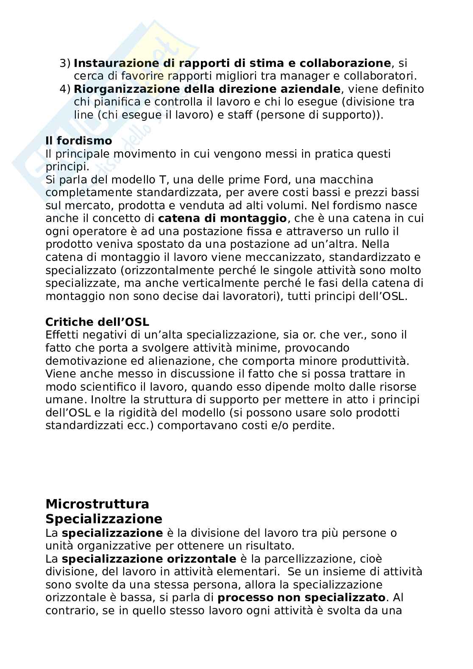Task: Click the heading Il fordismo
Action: pos(78,141)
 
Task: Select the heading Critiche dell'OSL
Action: pos(97,322)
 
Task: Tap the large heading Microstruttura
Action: pos(97,504)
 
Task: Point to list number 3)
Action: pos(65,64)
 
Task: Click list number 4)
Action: pos(65,89)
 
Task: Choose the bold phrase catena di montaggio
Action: pos(222,219)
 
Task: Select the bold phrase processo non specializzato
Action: pos(301,598)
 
